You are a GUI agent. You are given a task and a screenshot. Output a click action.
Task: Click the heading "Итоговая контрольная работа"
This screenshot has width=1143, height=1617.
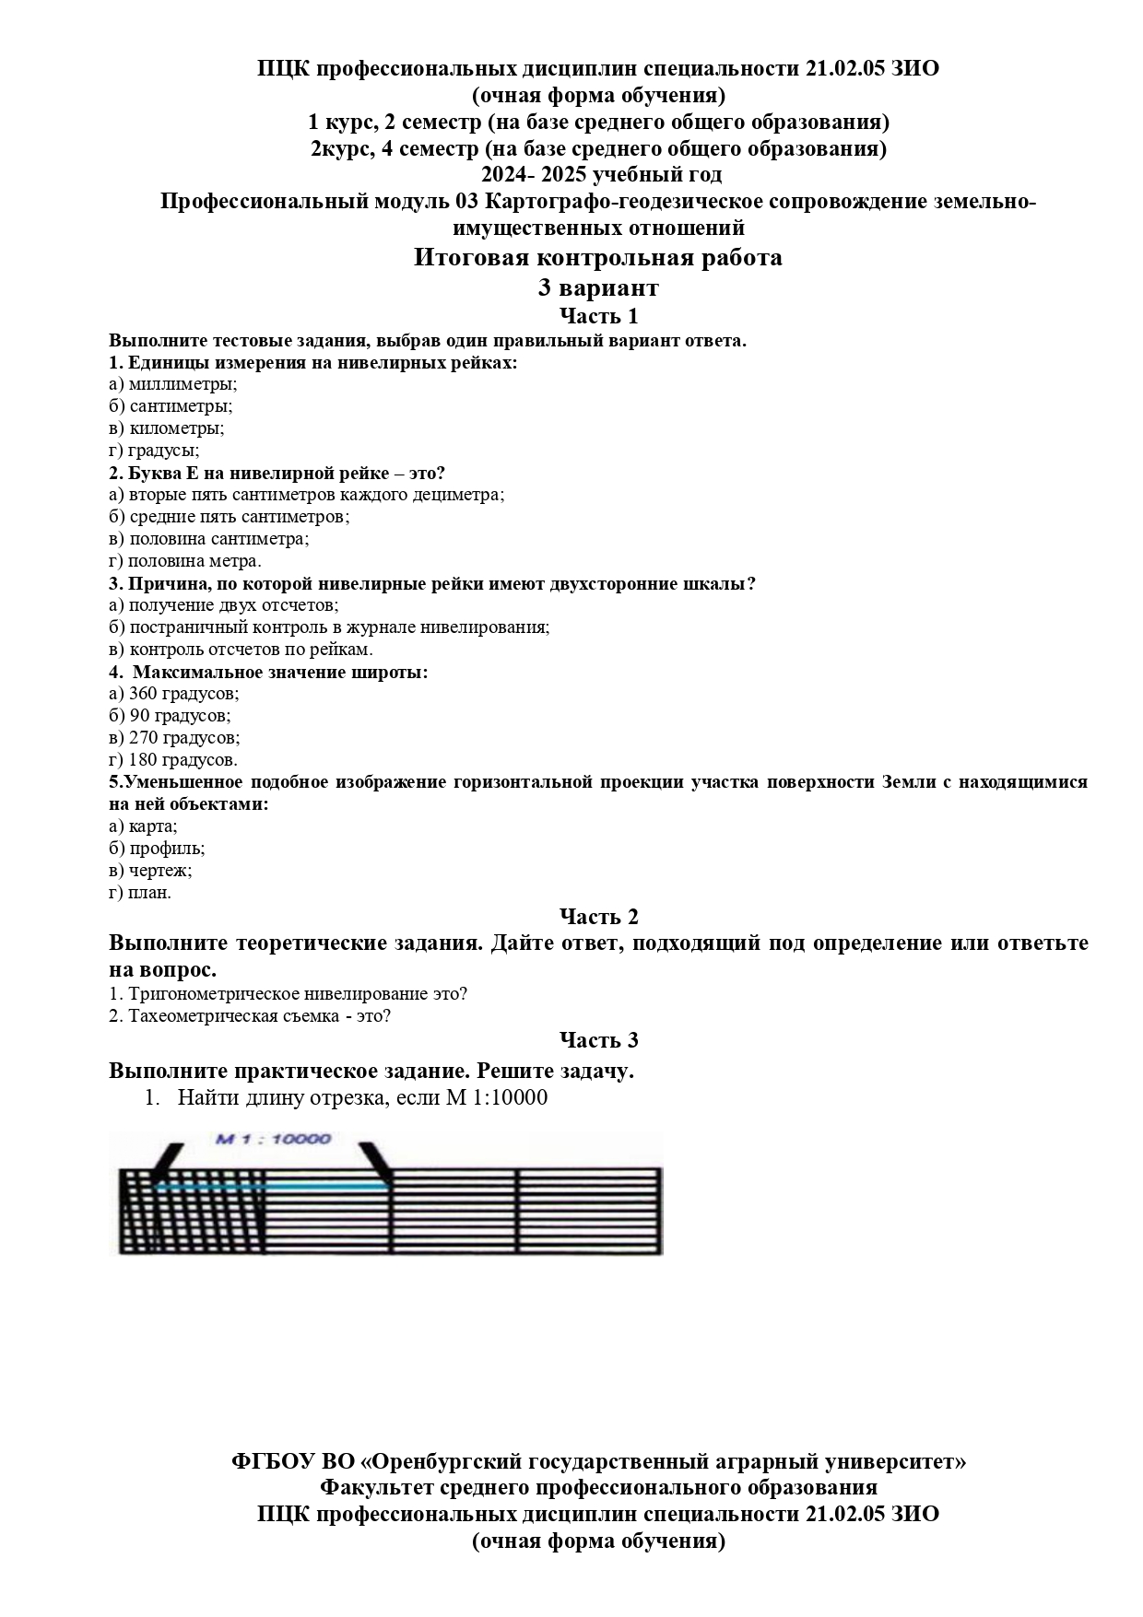(x=597, y=258)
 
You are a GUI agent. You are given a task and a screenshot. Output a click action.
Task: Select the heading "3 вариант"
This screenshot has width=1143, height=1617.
(x=598, y=288)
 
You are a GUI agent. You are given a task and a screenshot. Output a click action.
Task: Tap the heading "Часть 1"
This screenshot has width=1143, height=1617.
(x=598, y=317)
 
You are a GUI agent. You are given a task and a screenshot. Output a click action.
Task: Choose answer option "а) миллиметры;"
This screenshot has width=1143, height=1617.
(x=172, y=384)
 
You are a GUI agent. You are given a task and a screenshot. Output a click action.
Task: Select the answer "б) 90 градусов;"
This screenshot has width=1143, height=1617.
(x=170, y=716)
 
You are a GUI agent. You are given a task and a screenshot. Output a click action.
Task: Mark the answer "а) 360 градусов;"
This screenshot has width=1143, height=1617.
(x=173, y=694)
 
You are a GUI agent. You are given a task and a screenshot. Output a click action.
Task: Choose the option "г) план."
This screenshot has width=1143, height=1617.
(x=140, y=893)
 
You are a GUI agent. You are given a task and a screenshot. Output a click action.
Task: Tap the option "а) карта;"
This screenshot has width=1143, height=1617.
(x=143, y=826)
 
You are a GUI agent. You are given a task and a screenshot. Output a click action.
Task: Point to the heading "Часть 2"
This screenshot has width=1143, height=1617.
(x=598, y=917)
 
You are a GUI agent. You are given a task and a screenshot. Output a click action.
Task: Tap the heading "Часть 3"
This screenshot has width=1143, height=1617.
(x=598, y=1040)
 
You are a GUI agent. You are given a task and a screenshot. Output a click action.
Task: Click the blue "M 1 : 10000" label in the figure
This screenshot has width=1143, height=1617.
(x=273, y=1139)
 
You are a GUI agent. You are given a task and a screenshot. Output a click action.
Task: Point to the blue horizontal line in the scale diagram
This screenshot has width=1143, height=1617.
(x=272, y=1188)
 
